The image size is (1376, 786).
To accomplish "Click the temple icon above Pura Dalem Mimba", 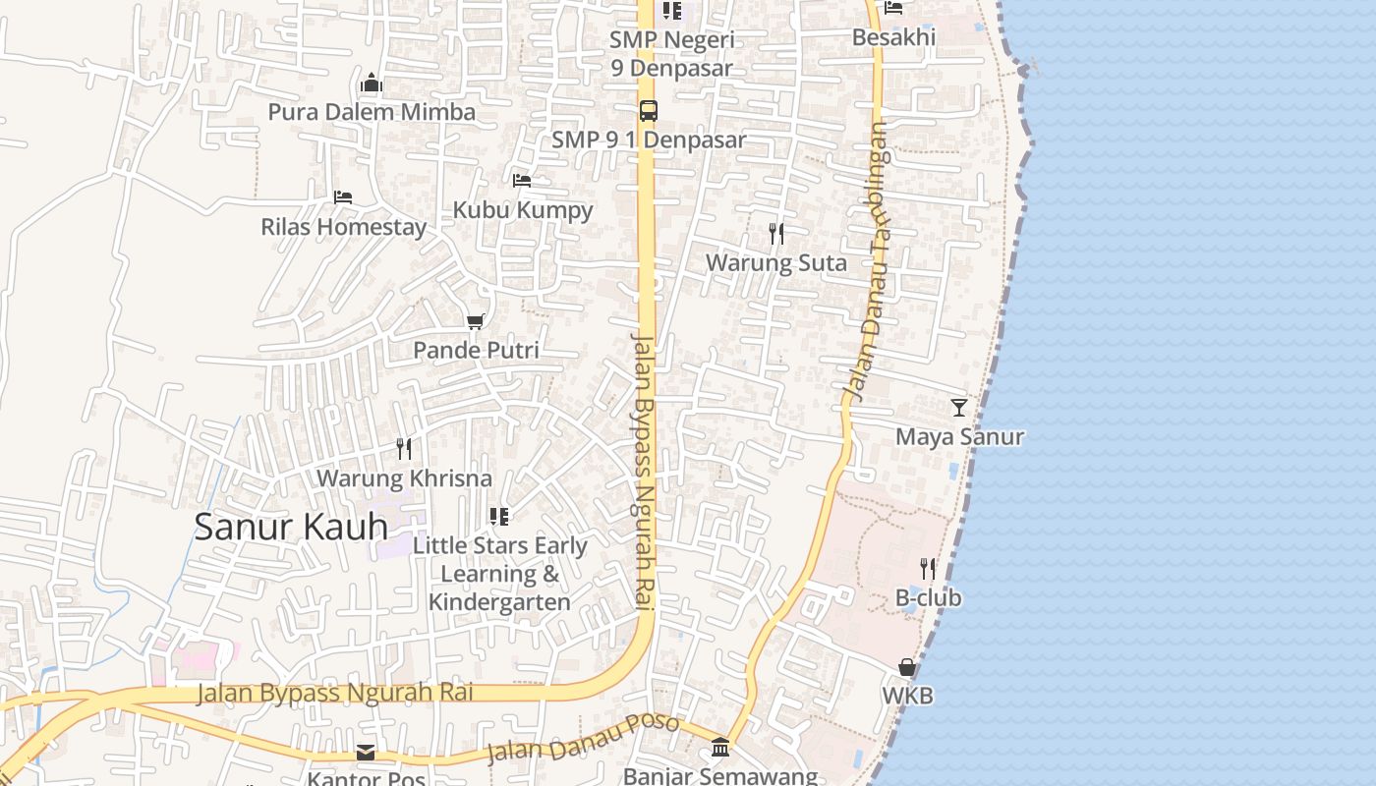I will click(x=372, y=83).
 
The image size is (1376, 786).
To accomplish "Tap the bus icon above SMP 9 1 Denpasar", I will click(x=648, y=110).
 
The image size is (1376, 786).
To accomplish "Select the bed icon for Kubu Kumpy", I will click(x=522, y=181).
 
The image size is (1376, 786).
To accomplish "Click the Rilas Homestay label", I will click(x=343, y=227).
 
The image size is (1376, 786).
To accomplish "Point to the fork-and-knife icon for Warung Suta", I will click(x=775, y=234).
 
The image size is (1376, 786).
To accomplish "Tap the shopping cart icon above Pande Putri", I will click(x=476, y=321).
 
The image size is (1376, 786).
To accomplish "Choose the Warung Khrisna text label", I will click(x=404, y=478).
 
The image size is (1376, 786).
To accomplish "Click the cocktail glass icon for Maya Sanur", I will click(x=959, y=407).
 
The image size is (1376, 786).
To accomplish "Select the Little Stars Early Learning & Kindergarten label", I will click(x=499, y=574).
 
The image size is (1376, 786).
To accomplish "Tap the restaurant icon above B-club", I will click(x=927, y=568).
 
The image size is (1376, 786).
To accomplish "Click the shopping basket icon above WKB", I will click(x=906, y=667).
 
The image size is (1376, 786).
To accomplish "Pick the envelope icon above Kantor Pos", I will click(x=366, y=753).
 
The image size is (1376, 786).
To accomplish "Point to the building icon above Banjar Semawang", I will click(x=719, y=748).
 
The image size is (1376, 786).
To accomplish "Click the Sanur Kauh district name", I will click(x=291, y=527).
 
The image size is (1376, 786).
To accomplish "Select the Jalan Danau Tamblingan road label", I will click(x=866, y=260).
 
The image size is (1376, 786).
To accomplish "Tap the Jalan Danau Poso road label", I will click(x=583, y=739).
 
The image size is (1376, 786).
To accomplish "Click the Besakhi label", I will click(x=893, y=37).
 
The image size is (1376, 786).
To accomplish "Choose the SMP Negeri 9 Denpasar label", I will click(x=671, y=54).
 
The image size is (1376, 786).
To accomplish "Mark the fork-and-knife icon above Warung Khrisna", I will click(x=403, y=449).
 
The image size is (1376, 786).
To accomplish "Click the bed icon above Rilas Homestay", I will click(x=342, y=197).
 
